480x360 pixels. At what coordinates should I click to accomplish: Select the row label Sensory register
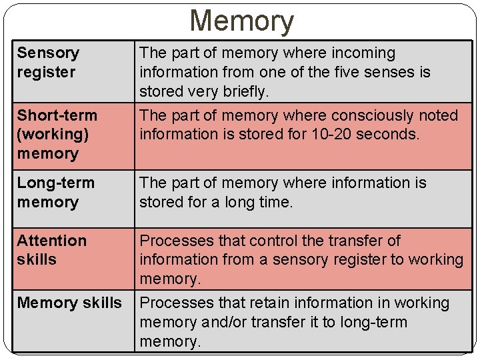[x=48, y=62]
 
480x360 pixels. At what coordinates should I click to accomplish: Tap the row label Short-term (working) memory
[x=57, y=134]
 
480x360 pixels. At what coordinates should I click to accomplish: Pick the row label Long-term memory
[x=56, y=192]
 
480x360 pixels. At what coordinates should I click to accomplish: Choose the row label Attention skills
[x=52, y=250]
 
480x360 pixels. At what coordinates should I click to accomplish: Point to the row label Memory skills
[x=69, y=303]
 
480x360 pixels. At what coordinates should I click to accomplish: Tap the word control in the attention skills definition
[x=263, y=240]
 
